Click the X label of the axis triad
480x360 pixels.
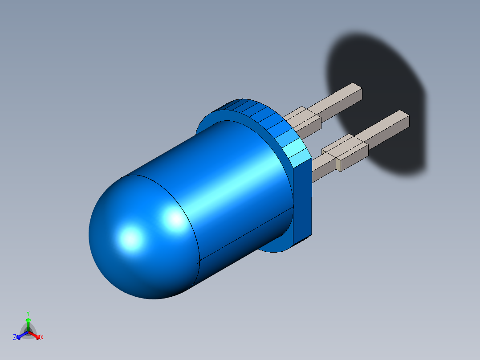tap(42, 338)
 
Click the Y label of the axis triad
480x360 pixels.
tap(28, 313)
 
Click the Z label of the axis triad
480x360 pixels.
tap(15, 338)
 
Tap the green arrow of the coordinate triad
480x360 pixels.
tap(28, 323)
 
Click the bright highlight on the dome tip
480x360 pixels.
tap(130, 239)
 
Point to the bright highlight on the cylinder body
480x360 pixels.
tap(175, 218)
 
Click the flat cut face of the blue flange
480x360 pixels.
tap(303, 200)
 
